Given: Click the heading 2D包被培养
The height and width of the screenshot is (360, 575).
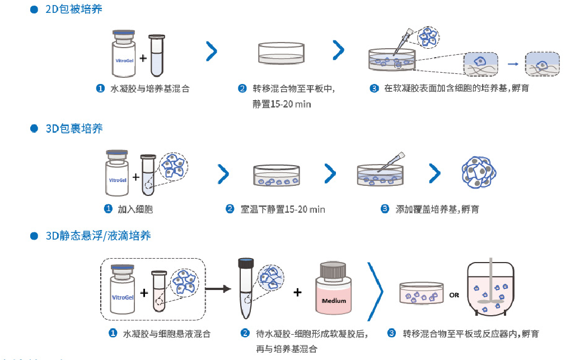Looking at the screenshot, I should [x=73, y=10].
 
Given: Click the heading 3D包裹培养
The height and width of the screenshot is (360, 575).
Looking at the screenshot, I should [x=74, y=129].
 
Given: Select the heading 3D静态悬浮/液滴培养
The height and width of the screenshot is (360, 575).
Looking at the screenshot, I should [x=98, y=236].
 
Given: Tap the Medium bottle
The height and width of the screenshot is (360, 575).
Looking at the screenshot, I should [x=334, y=290].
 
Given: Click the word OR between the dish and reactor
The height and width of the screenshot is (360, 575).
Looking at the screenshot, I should [x=454, y=294].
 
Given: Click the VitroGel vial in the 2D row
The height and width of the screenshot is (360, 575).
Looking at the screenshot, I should [x=124, y=55].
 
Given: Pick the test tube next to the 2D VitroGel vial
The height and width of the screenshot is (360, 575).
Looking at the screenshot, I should [x=157, y=55].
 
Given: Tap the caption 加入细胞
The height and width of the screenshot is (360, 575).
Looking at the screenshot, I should [x=135, y=209].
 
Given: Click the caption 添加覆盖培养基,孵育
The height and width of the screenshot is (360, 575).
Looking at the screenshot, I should [x=437, y=209].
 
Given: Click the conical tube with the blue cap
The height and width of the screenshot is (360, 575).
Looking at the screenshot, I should [x=245, y=286].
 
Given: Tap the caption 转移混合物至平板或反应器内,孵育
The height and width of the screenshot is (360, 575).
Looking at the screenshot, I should [x=471, y=334].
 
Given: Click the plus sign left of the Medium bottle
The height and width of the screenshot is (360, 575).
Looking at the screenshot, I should [x=297, y=292].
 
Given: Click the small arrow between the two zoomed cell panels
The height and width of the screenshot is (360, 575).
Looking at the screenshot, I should [x=511, y=64].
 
